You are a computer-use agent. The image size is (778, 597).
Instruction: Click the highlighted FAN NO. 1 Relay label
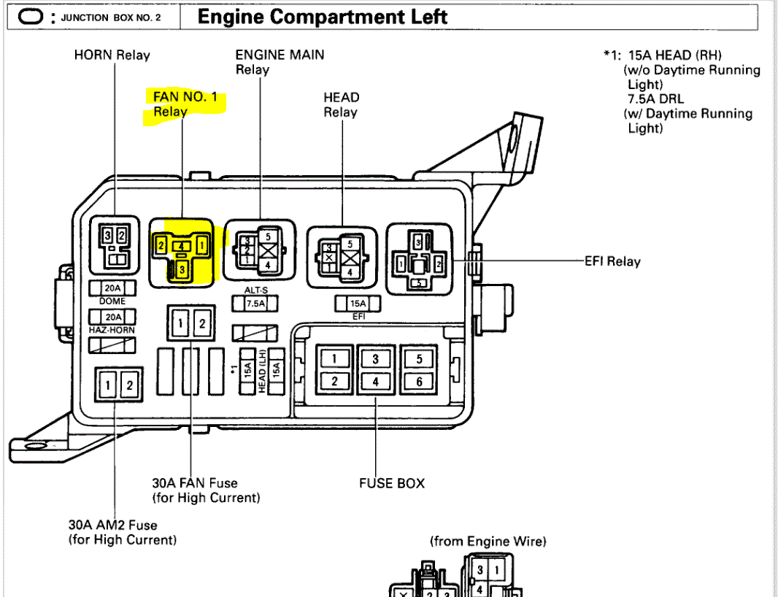point(185,104)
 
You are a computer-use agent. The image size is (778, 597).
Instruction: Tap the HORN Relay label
point(112,55)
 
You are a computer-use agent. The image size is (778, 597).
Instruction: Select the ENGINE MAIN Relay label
point(280,61)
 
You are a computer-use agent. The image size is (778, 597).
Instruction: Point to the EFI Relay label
point(612,261)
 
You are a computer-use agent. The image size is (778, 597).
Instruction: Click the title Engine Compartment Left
point(323,16)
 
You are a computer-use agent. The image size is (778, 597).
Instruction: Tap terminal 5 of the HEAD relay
point(349,244)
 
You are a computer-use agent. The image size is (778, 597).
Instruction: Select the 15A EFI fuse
point(358,303)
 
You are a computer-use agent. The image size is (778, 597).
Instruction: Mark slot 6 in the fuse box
point(419,381)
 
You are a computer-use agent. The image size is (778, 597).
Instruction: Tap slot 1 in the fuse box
point(334,358)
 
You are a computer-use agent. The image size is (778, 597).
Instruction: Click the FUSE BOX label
point(391,483)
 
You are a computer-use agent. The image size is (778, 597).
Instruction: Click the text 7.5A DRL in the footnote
point(655,99)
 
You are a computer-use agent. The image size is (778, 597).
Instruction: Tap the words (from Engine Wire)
point(488,541)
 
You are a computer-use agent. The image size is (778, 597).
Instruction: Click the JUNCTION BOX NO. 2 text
point(111,17)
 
